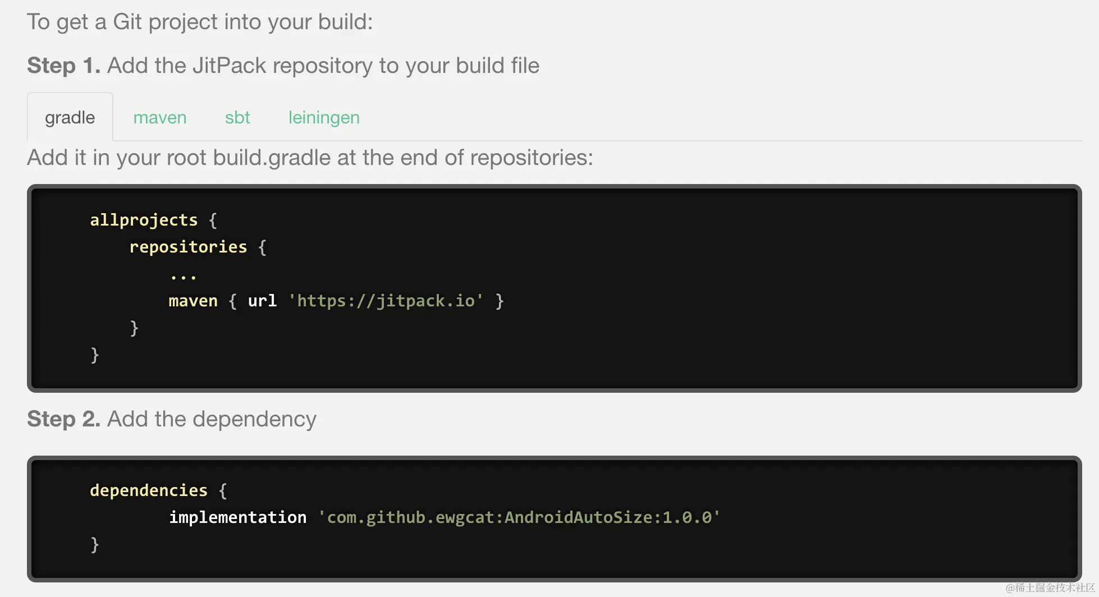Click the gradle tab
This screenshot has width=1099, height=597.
pyautogui.click(x=70, y=118)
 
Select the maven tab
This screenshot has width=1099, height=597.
pyautogui.click(x=160, y=118)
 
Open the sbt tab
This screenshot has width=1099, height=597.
pyautogui.click(x=237, y=118)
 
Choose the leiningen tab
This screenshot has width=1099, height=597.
pyautogui.click(x=324, y=118)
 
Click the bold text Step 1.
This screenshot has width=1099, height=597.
pyautogui.click(x=63, y=66)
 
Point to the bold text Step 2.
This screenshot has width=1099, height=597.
pyautogui.click(x=63, y=419)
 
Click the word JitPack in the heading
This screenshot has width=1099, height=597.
pyautogui.click(x=229, y=66)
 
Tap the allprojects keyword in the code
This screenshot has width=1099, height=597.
pyautogui.click(x=144, y=220)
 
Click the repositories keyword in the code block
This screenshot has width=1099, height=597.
pyautogui.click(x=188, y=247)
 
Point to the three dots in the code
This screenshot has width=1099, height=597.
pyautogui.click(x=183, y=277)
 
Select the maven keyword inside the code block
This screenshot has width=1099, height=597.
pyautogui.click(x=193, y=301)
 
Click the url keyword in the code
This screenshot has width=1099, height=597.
pyautogui.click(x=262, y=301)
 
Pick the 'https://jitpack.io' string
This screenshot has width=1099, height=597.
pyautogui.click(x=386, y=301)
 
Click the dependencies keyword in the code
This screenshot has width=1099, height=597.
pyautogui.click(x=149, y=490)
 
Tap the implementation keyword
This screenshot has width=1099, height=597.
pyautogui.click(x=238, y=517)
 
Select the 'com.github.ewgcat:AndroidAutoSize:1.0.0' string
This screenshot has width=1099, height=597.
pyautogui.click(x=519, y=517)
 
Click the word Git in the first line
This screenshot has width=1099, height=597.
pyautogui.click(x=127, y=22)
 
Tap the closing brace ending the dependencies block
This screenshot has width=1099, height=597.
pyautogui.click(x=94, y=544)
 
